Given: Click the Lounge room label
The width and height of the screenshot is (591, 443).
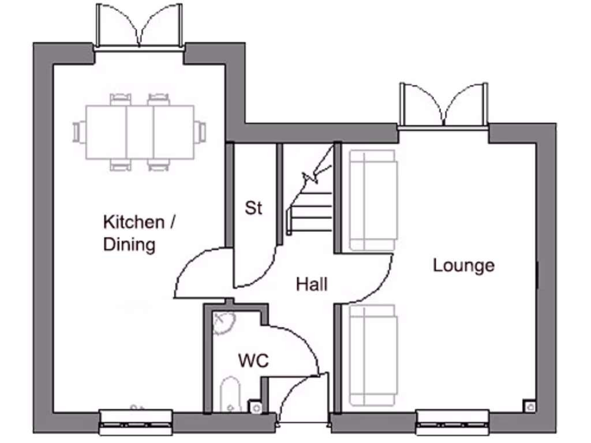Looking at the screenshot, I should [x=463, y=265].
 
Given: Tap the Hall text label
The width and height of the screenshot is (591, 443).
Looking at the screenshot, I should [x=312, y=284].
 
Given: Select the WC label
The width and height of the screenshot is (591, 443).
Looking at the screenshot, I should [x=253, y=361].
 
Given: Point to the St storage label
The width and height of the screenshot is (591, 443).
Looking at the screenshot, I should [x=253, y=208].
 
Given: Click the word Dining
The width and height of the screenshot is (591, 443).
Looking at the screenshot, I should [x=129, y=245].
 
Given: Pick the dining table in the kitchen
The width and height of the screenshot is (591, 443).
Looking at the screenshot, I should [x=140, y=132].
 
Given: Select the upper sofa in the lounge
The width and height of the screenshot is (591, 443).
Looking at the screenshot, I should [x=373, y=200].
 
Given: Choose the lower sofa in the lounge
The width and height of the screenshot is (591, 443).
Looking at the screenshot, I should [x=373, y=355].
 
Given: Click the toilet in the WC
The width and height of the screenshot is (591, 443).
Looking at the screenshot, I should [x=230, y=396].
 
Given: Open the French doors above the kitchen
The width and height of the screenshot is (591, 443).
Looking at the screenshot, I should [x=139, y=26].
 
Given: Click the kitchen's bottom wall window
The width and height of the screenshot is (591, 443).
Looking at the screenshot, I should [x=136, y=422].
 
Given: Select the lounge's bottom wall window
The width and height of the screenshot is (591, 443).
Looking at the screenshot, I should [x=452, y=422].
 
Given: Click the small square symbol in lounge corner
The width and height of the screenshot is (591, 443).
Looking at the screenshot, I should [x=529, y=406].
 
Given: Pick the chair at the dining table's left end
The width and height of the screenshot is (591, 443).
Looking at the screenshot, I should [x=78, y=132].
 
